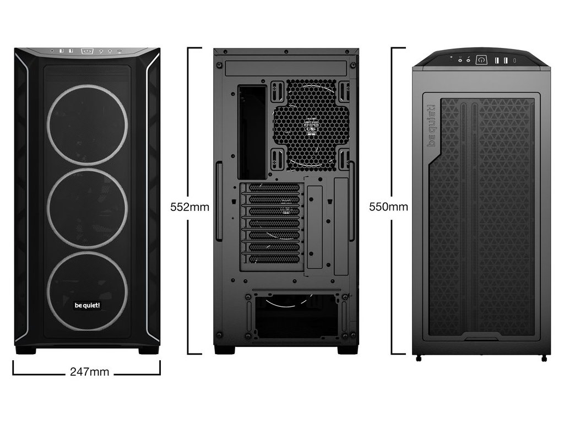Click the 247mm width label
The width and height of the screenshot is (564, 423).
[89, 372]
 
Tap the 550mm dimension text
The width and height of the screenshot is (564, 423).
[389, 207]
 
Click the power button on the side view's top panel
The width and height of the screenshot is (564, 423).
[481, 60]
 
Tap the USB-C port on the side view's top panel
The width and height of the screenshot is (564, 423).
[515, 60]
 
